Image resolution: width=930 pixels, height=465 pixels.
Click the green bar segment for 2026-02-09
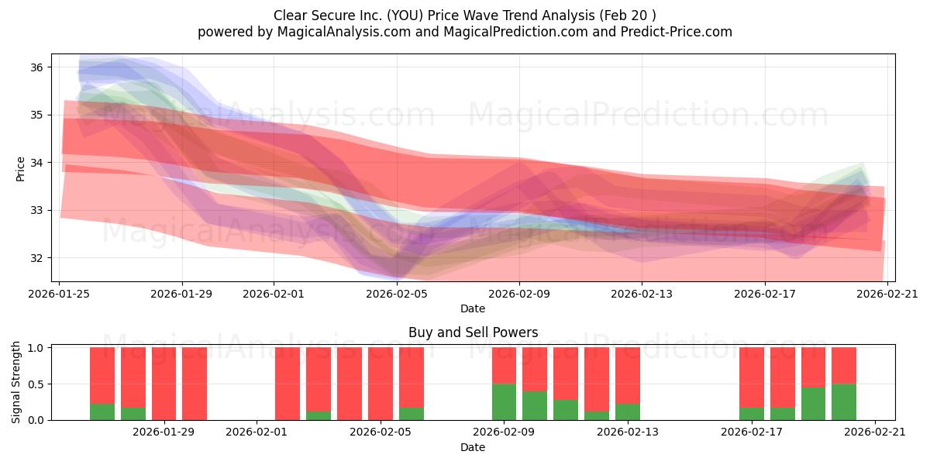pyautogui.click(x=504, y=402)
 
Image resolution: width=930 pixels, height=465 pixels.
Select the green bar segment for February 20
pyautogui.click(x=844, y=402)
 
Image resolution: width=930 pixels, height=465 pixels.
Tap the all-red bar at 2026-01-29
pyautogui.click(x=164, y=384)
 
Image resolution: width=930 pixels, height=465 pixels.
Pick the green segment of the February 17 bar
pyautogui.click(x=752, y=414)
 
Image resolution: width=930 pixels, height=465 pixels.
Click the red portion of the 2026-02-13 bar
pyautogui.click(x=628, y=376)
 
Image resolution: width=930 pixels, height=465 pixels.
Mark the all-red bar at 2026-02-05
pyautogui.click(x=381, y=384)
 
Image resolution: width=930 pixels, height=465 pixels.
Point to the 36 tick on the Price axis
pyautogui.click(x=36, y=67)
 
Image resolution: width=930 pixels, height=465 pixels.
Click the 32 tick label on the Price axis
pyautogui.click(x=36, y=258)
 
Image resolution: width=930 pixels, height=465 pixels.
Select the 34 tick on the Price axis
pyautogui.click(x=36, y=163)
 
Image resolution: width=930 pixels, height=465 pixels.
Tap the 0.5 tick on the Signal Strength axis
pyautogui.click(x=36, y=384)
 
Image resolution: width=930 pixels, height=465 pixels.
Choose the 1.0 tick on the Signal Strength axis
pyautogui.click(x=36, y=348)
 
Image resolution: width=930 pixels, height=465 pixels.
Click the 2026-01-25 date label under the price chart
pyautogui.click(x=59, y=294)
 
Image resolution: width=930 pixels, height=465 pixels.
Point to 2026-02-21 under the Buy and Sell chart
pyautogui.click(x=875, y=432)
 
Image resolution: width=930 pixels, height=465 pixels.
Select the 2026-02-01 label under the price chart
pyautogui.click(x=274, y=294)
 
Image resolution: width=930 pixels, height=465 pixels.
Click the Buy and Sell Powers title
pyautogui.click(x=474, y=332)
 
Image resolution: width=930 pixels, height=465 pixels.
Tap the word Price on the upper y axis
pyautogui.click(x=20, y=169)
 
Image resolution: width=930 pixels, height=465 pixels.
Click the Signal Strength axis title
pyautogui.click(x=15, y=382)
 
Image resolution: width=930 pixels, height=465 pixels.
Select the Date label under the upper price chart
pyautogui.click(x=473, y=308)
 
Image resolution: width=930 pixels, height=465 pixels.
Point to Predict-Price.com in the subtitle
pyautogui.click(x=677, y=32)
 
